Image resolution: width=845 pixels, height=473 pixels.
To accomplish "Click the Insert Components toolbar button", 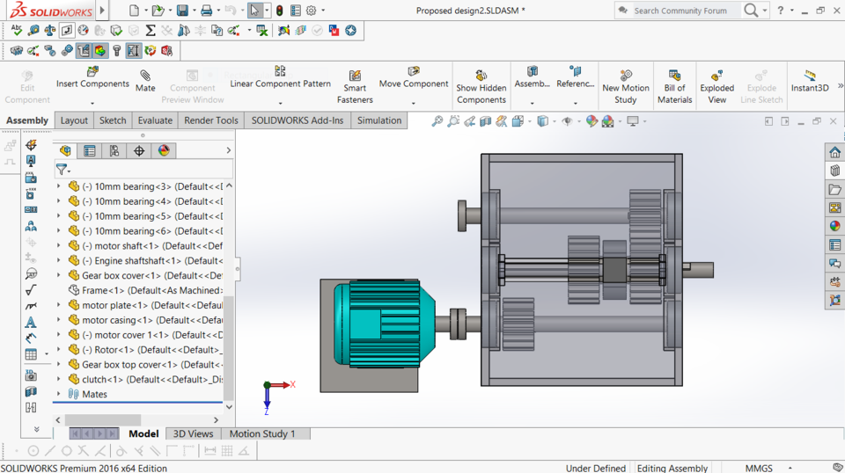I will click(92, 77).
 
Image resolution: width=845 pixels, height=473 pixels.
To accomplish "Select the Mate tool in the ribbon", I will click(145, 81).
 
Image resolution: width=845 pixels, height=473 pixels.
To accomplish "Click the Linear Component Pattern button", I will click(280, 77).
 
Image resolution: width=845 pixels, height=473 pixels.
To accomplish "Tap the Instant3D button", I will click(809, 81).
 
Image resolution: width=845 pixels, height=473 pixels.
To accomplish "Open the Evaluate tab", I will click(155, 120).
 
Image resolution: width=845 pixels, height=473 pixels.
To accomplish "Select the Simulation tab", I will click(378, 120).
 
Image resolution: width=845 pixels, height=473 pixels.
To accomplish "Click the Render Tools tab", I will click(211, 120).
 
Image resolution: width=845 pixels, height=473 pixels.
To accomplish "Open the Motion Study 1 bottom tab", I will click(262, 433).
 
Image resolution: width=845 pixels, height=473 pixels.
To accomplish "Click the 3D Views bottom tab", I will click(193, 433).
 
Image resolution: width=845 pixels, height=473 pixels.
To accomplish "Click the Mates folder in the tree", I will click(94, 394).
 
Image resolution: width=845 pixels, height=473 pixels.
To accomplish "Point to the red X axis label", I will click(292, 385).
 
